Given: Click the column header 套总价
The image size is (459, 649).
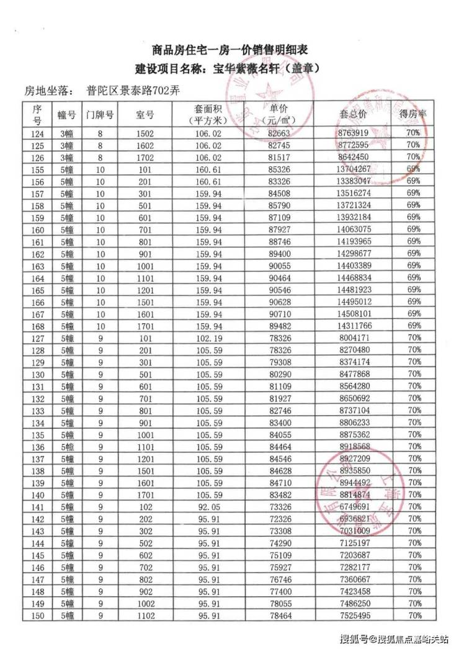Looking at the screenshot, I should point(354,115).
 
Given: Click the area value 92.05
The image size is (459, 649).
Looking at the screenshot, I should point(208,506).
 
